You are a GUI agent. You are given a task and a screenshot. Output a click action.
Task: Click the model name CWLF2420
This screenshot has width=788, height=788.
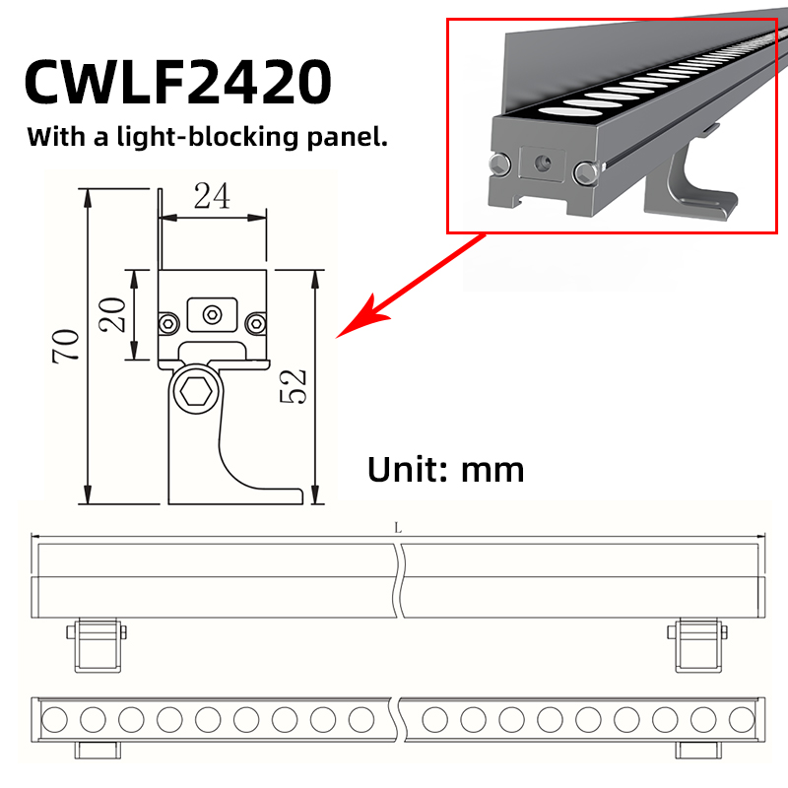[x=177, y=82]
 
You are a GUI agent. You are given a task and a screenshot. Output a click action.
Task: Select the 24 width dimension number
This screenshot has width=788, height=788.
[x=212, y=195]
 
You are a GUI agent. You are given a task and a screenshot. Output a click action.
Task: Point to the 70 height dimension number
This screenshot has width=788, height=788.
[x=65, y=346]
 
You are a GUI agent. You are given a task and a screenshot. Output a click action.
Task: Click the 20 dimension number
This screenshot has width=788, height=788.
[x=112, y=314]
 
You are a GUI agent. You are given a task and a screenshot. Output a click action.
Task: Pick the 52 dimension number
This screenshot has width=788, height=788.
[x=293, y=386]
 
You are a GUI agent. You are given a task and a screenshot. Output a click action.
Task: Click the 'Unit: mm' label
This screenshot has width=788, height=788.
[x=446, y=470]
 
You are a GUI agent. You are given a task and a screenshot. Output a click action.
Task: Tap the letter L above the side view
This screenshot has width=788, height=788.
[x=398, y=528]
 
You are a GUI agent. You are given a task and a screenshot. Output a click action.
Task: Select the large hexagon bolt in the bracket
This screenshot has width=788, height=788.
[x=196, y=391]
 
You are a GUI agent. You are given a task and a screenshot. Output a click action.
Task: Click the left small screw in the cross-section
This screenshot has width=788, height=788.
[x=168, y=324]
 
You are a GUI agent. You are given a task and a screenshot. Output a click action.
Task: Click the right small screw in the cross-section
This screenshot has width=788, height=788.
[x=256, y=324]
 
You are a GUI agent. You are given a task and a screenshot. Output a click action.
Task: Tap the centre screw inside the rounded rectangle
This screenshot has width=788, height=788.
[x=213, y=315]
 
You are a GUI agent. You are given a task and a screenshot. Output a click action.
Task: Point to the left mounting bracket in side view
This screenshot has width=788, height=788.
[x=97, y=645]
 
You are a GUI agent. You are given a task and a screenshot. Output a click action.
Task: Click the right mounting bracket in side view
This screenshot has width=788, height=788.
[x=697, y=645]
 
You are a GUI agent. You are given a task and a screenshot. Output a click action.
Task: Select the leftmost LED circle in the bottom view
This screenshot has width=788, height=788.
[x=54, y=719]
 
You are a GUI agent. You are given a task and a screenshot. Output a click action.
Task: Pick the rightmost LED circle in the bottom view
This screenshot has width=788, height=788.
[x=742, y=719]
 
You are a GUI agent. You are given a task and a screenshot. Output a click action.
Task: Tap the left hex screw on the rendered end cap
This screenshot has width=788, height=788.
[x=500, y=164]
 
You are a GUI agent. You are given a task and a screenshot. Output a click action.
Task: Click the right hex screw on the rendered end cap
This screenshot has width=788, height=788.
[x=586, y=172]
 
